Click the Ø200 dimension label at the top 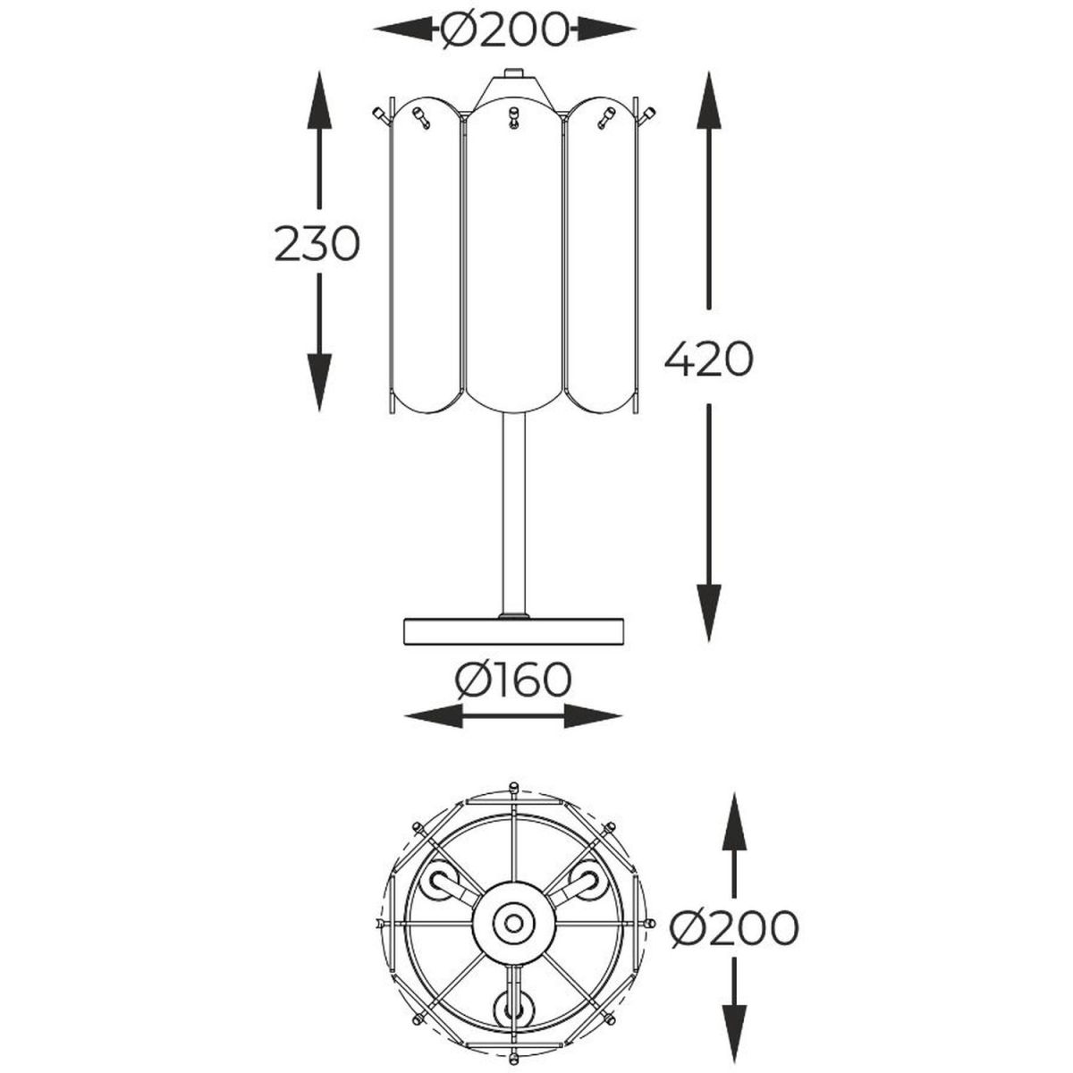(503, 30)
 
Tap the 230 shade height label (317, 244)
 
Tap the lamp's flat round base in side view (513, 631)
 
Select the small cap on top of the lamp (513, 72)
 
